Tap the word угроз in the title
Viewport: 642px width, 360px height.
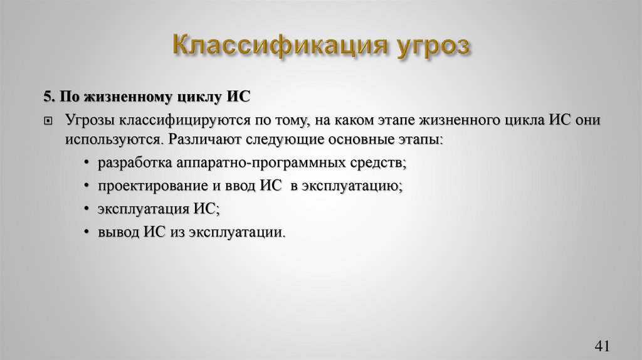pyautogui.click(x=433, y=49)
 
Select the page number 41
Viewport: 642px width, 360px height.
pyautogui.click(x=601, y=346)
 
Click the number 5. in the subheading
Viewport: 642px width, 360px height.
pyautogui.click(x=50, y=97)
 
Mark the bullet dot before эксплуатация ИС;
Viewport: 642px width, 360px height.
pyautogui.click(x=85, y=209)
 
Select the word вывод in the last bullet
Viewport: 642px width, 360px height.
pyautogui.click(x=118, y=232)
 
